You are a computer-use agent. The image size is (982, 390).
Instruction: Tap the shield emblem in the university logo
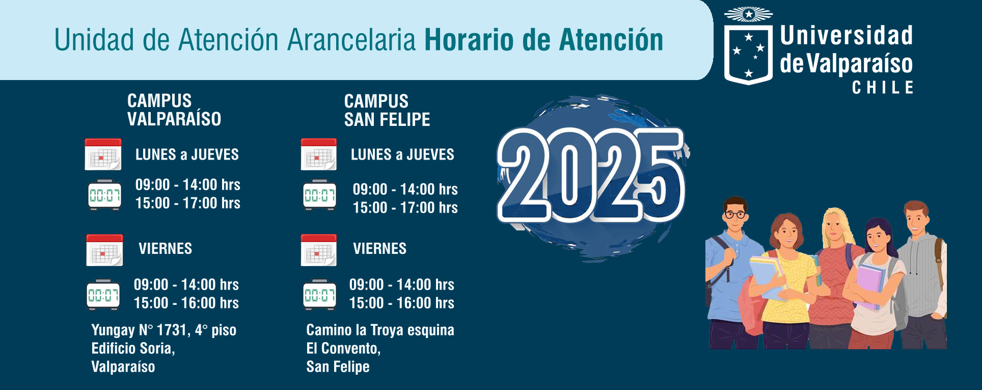click(748, 54)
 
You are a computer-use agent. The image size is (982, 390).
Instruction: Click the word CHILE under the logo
click(883, 88)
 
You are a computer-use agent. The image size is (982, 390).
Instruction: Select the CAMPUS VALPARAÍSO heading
click(174, 110)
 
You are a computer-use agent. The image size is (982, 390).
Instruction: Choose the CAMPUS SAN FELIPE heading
click(387, 110)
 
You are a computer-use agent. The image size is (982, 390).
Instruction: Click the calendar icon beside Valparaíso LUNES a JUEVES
click(103, 154)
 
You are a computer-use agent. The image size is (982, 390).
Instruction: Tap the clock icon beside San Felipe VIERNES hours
click(319, 295)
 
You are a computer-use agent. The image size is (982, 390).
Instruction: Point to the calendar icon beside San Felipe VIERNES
click(319, 250)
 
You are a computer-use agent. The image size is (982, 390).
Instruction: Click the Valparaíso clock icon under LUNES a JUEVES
click(104, 195)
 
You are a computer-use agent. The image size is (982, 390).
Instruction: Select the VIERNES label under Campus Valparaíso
click(166, 249)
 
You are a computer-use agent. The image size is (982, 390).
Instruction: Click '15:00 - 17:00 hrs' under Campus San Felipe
click(405, 207)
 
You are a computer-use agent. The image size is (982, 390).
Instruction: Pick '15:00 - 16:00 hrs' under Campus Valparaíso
click(186, 303)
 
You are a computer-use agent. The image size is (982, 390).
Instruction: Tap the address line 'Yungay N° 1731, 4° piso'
click(164, 330)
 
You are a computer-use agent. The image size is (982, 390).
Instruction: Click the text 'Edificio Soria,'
click(133, 349)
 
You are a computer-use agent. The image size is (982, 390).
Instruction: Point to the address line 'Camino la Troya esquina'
click(380, 330)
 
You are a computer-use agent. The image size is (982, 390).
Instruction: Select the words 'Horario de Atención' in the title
click(544, 40)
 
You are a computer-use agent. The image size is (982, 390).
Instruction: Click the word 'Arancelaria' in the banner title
click(351, 40)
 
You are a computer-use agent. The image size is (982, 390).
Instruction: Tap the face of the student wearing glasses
click(734, 217)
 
